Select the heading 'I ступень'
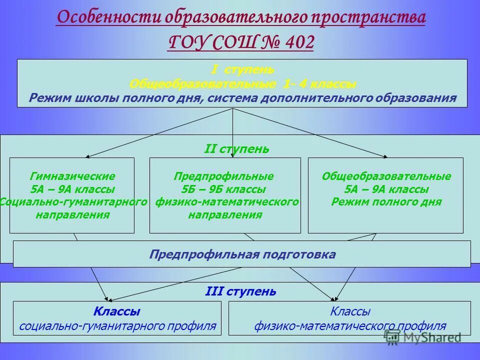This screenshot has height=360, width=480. point(242,69)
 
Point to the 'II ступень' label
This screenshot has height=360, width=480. point(237,149)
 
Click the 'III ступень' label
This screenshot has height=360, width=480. point(240,291)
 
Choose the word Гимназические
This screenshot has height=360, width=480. point(72,176)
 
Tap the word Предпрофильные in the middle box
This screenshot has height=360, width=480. point(223,176)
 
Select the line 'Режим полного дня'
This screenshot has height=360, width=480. point(386,202)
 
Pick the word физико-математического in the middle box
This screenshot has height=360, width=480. point(227,202)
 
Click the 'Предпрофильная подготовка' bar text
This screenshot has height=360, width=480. point(242,254)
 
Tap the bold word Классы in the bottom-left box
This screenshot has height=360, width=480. point(116,312)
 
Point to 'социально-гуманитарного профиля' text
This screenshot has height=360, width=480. point(117,326)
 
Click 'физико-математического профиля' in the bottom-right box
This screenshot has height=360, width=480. point(350,326)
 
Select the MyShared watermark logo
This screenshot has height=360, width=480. point(422,337)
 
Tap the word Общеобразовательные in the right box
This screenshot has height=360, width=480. point(386,176)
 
